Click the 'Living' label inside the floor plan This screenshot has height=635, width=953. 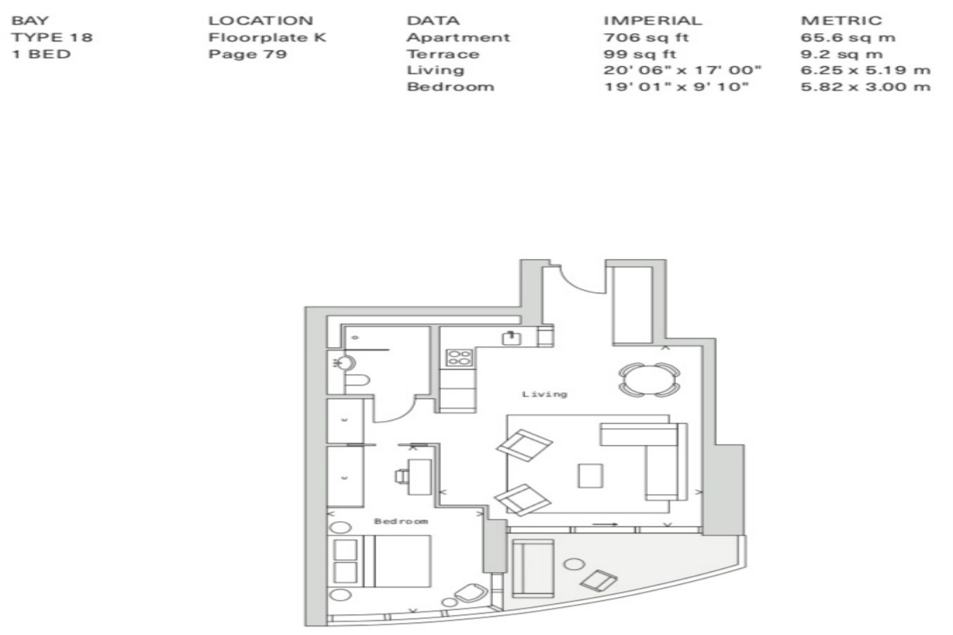(544, 394)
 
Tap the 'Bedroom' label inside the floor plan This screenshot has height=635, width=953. (401, 521)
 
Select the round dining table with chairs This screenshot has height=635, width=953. (649, 379)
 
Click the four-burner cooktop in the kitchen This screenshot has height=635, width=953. (459, 358)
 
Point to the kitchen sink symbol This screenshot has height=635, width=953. (511, 338)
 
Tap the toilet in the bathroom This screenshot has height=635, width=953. (356, 380)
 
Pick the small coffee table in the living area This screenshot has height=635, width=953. (590, 476)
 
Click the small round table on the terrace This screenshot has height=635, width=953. (574, 564)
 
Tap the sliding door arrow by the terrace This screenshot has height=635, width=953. (605, 524)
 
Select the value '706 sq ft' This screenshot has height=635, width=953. (646, 37)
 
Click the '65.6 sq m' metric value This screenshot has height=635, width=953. (848, 37)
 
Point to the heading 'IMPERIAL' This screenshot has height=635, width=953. (652, 20)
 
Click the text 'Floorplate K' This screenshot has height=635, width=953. (267, 37)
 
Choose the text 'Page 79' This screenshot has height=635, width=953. (248, 54)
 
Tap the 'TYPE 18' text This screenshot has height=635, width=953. (52, 37)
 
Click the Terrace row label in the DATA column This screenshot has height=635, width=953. (443, 54)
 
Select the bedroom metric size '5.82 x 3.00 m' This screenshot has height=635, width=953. (865, 87)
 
